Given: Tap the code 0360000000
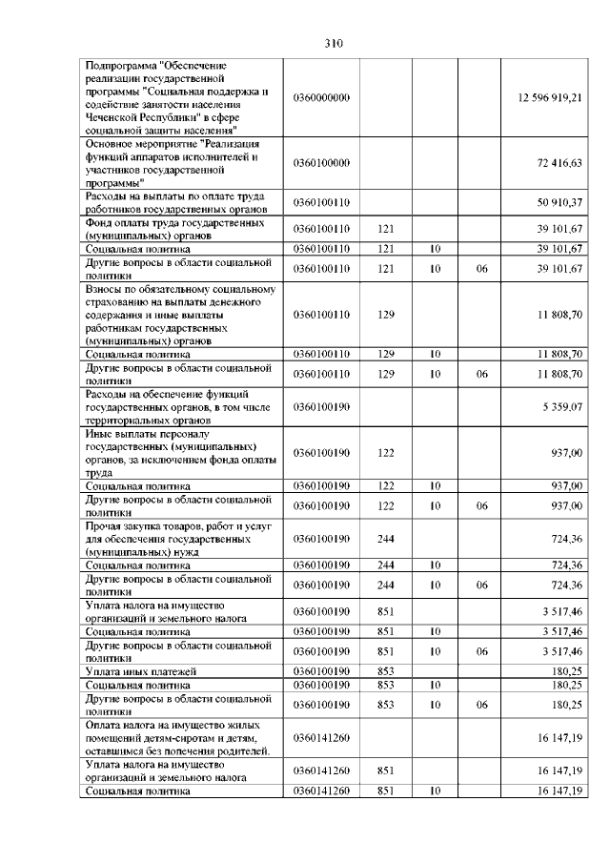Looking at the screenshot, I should [322, 98].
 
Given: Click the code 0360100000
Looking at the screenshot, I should [322, 163].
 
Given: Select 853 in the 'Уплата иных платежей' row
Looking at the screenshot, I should [386, 672].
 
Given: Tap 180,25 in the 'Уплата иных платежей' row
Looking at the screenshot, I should [567, 672].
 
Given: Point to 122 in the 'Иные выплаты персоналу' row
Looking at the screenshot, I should [386, 453].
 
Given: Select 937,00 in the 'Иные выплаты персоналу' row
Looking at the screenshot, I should [566, 453].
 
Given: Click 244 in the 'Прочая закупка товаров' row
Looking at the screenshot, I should [386, 539].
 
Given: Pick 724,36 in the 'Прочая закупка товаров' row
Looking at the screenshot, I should [566, 539].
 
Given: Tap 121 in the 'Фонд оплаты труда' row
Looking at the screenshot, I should [386, 229].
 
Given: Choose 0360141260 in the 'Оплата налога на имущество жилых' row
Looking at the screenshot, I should [322, 738].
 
